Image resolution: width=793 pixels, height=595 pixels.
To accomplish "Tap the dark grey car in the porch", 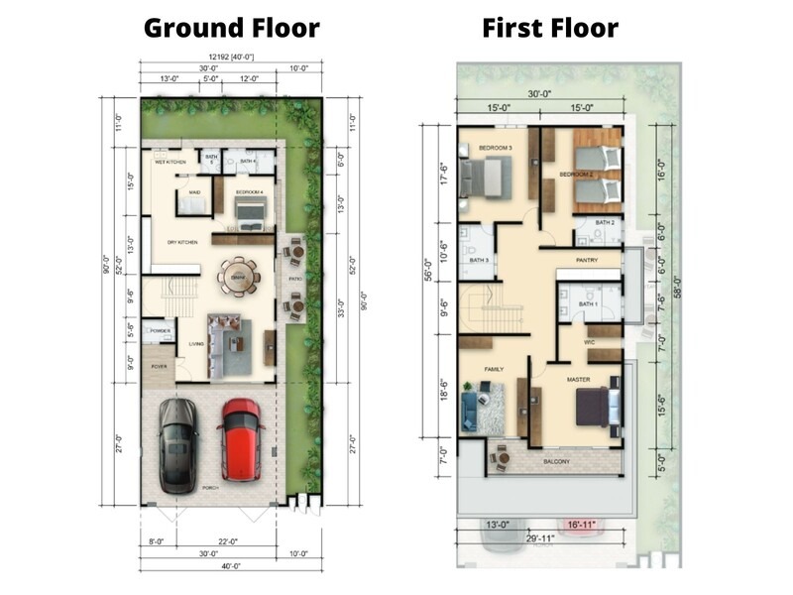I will [178, 443].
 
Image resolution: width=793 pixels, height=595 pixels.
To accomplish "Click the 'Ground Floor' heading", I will [231, 27].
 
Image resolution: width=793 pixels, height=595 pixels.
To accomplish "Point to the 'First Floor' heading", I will [550, 27].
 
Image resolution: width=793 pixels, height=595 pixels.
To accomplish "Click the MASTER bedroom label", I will [578, 380].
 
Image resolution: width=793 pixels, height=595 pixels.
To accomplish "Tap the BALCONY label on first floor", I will [555, 461].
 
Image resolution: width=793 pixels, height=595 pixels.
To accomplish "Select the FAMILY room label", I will [494, 369].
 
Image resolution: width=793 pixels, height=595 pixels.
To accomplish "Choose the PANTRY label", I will [585, 262].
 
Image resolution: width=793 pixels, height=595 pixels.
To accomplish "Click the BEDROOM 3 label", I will [495, 148].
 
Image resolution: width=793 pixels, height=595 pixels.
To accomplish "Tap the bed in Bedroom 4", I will [250, 209].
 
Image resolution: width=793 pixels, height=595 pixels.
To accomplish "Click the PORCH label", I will [209, 488].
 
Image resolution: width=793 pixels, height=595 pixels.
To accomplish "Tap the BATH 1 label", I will [588, 302].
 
